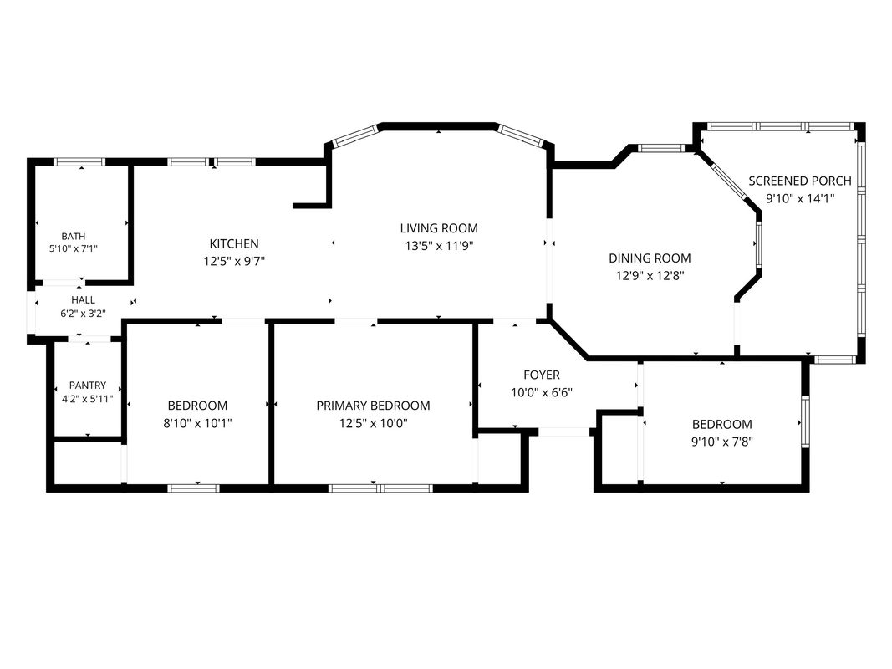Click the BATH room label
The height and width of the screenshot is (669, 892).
pos(74,236)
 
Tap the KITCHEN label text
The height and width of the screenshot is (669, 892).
pos(234,243)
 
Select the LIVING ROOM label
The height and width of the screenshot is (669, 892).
pos(439,228)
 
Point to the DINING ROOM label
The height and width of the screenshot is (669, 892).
pos(650,258)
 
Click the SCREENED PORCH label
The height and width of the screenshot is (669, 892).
pos(800,181)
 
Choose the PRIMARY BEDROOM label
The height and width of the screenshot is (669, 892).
pos(373,406)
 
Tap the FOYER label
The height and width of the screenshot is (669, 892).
pos(542,375)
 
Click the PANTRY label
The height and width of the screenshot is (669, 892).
pos(88,386)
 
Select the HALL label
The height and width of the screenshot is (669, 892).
pos(83,300)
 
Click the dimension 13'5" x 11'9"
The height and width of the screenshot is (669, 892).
pos(439,247)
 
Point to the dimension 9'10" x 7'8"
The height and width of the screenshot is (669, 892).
pos(722,442)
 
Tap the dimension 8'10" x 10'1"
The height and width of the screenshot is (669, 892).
pos(197,424)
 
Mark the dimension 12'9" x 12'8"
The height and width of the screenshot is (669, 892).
pos(650,276)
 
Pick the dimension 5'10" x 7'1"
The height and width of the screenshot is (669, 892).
pos(74,248)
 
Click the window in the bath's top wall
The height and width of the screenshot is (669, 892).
pos(79,162)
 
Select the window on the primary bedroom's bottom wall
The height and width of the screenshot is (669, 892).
pos(380,488)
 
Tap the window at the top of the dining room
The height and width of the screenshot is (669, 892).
pos(660,149)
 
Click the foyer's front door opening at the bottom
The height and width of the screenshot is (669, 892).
pos(563,432)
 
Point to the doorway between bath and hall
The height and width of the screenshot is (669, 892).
pos(64,283)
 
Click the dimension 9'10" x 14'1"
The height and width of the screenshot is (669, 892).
pos(800,198)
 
